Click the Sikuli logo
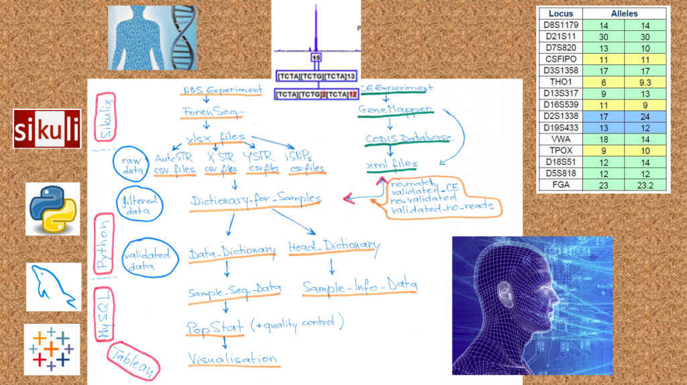[x=47, y=128]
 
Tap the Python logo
[x=52, y=209]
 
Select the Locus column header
[x=560, y=13]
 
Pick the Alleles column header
[x=625, y=13]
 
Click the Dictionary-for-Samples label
[x=255, y=200]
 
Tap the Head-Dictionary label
[x=333, y=246]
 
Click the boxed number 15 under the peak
[x=316, y=58]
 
